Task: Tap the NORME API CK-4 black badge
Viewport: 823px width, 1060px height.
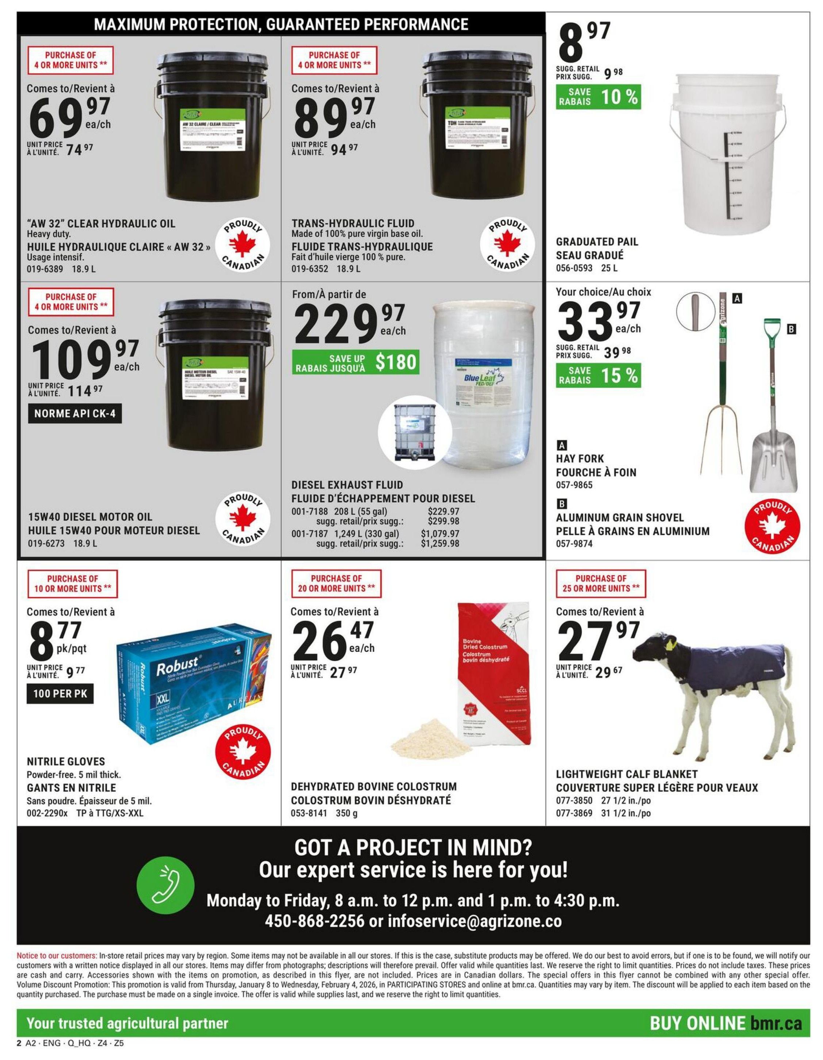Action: click(x=75, y=414)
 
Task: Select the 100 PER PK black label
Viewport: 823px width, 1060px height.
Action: click(x=60, y=694)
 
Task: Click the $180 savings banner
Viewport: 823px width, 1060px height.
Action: click(x=355, y=362)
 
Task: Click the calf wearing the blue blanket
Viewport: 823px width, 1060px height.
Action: click(x=712, y=689)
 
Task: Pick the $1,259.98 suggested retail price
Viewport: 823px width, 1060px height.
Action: click(x=440, y=544)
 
